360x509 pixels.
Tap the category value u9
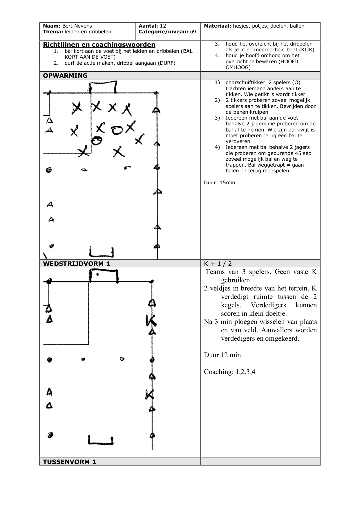[x=193, y=32]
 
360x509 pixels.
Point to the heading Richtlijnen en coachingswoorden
[x=99, y=45]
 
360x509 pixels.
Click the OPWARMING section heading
[x=65, y=76]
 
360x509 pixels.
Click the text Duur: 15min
[x=220, y=183]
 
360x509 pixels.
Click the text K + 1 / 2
[x=218, y=263]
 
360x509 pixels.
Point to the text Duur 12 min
[x=222, y=355]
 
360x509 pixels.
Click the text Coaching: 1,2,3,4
[x=229, y=372]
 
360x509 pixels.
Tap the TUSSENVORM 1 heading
[x=69, y=462]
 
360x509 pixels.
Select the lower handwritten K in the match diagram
[x=149, y=394]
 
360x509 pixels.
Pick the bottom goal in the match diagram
[x=101, y=440]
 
